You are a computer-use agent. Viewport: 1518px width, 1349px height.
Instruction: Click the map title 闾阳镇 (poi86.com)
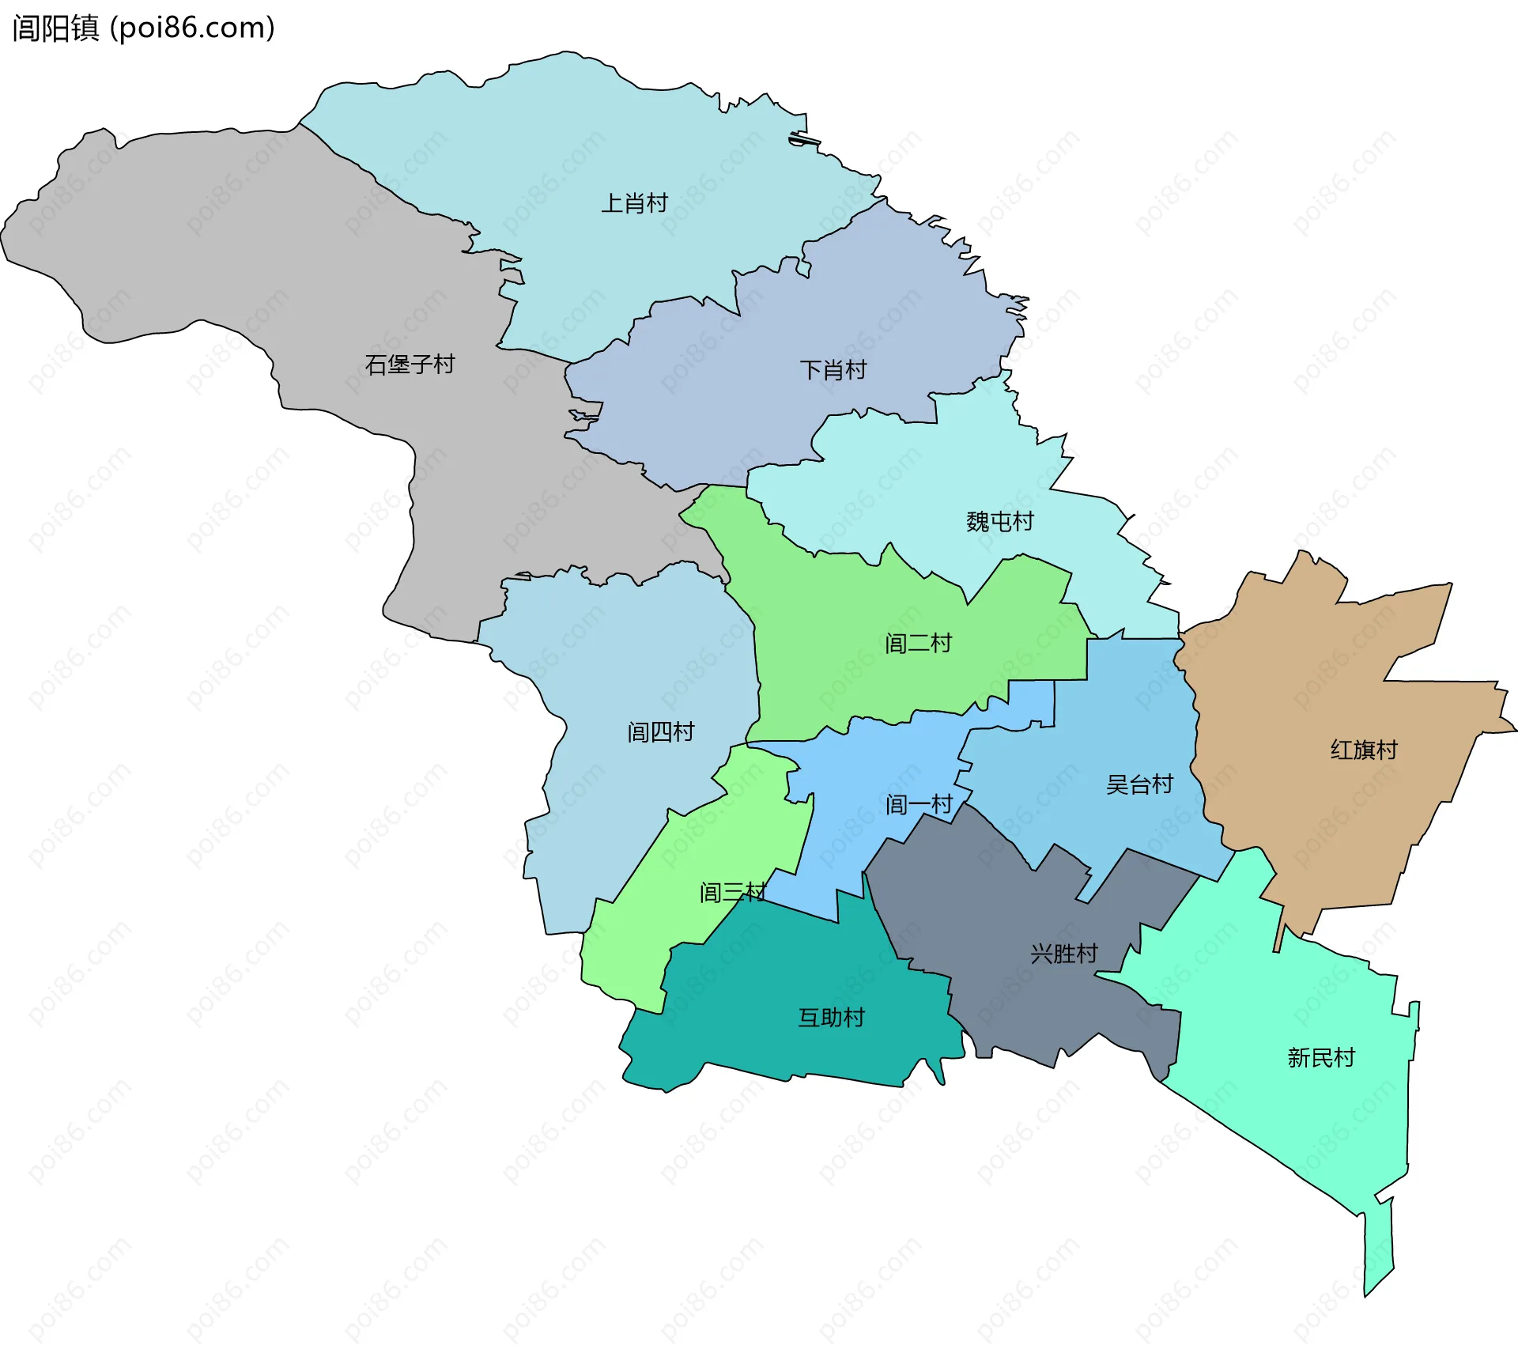point(143,28)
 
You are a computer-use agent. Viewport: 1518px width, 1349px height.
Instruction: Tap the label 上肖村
point(634,203)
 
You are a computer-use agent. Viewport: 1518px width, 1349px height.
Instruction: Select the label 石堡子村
point(410,365)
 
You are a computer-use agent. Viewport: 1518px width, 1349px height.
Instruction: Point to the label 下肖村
point(833,370)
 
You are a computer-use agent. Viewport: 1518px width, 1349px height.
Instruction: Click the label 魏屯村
point(999,522)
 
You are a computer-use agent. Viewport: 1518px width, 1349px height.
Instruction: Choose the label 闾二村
point(917,644)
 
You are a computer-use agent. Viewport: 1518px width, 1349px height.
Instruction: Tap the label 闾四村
point(660,732)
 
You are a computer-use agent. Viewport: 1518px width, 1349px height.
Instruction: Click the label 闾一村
point(918,805)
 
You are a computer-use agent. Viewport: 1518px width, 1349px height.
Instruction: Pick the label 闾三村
point(732,893)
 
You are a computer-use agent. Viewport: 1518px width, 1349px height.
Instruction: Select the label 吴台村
point(1138,784)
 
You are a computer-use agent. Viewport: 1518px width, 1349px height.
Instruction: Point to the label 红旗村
point(1363,750)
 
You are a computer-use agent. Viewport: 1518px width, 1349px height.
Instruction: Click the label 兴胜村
point(1063,954)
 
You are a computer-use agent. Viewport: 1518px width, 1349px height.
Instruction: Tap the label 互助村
point(831,1018)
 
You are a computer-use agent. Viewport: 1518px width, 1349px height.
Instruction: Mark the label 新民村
point(1320,1058)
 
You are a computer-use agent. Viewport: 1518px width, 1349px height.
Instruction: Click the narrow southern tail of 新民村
point(1378,1249)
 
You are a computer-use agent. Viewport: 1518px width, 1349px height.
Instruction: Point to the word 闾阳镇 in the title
point(55,28)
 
